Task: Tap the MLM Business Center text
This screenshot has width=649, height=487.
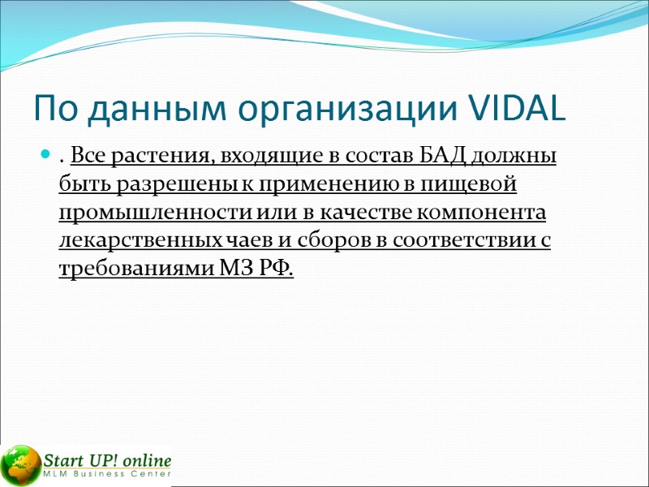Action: pyautogui.click(x=107, y=474)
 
